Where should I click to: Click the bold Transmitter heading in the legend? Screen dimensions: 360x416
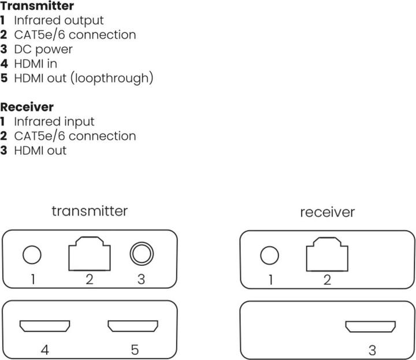pyautogui.click(x=37, y=6)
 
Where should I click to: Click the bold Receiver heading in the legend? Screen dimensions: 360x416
pyautogui.click(x=27, y=107)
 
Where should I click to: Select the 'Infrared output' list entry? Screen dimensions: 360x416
pyautogui.click(x=58, y=21)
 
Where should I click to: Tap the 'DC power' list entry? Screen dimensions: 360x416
pyautogui.click(x=43, y=49)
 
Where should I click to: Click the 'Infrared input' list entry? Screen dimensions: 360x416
pyautogui.click(x=54, y=121)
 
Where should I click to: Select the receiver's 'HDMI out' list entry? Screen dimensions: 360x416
pyautogui.click(x=40, y=150)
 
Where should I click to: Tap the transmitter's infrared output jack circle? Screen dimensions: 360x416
pyautogui.click(x=33, y=254)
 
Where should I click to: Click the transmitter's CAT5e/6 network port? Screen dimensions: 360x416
pyautogui.click(x=90, y=255)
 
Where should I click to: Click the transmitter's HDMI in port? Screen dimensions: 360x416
pyautogui.click(x=44, y=326)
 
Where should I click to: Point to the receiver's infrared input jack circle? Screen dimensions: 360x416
pyautogui.click(x=270, y=255)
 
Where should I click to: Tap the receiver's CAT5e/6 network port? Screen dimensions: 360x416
pyautogui.click(x=328, y=255)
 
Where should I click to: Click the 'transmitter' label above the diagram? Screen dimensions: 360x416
pyautogui.click(x=89, y=210)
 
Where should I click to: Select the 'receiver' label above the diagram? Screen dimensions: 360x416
pyautogui.click(x=327, y=212)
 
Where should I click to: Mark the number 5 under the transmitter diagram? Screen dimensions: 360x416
pyautogui.click(x=134, y=349)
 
